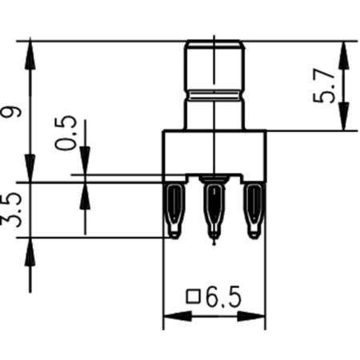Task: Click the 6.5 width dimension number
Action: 222,299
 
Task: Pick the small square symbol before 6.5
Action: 192,298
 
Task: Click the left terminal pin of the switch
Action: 174,210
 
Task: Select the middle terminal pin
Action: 214,210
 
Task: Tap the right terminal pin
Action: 254,210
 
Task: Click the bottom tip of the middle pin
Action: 214,238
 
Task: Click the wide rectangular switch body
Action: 214,152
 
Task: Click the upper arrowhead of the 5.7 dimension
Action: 345,48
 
